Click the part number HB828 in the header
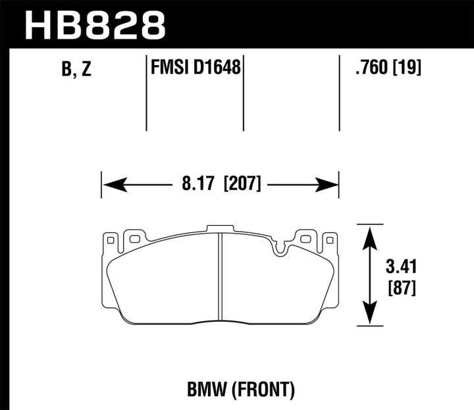[95, 24]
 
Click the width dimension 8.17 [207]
[219, 184]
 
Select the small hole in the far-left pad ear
[111, 241]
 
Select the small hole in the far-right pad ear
[328, 242]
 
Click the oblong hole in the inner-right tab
[305, 238]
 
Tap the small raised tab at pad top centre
[220, 228]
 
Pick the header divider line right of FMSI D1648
[244, 92]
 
